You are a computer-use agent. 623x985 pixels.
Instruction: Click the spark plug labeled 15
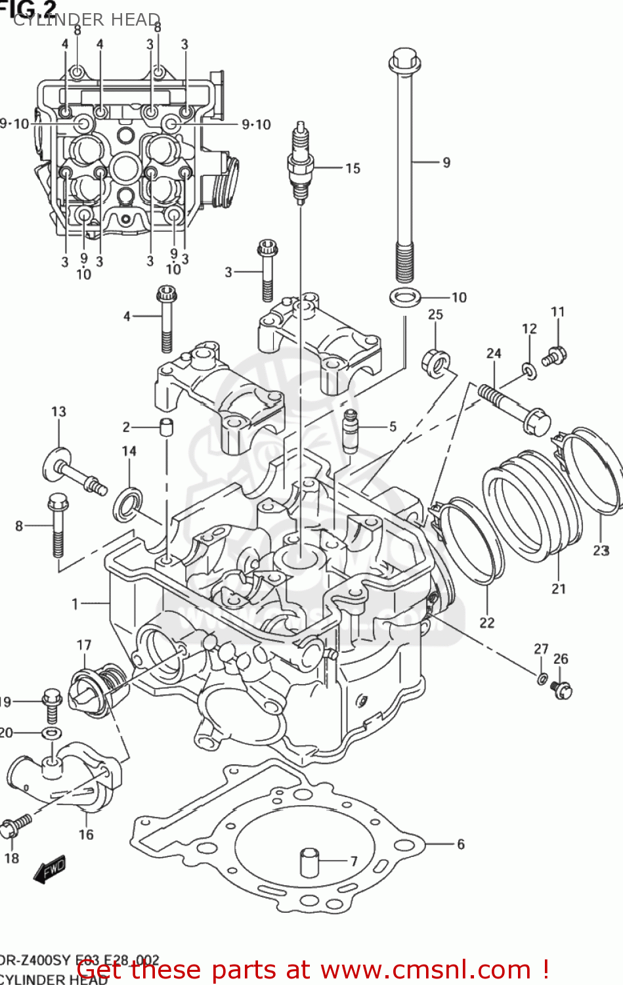300,161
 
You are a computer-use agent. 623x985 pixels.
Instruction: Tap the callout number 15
353,169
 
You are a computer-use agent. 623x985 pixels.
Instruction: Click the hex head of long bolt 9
404,60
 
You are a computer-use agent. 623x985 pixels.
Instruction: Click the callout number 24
494,353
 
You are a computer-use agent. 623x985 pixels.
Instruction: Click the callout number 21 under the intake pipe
558,588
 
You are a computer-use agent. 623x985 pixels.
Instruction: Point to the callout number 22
486,622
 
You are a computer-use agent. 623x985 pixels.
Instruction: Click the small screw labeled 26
561,689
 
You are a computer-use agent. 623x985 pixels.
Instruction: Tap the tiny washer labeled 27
542,678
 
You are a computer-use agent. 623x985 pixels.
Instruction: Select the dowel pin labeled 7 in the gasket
309,862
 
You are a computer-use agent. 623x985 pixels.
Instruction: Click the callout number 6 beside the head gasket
460,844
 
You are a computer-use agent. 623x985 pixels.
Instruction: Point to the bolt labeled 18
14,826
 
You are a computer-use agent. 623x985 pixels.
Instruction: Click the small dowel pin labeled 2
167,427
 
